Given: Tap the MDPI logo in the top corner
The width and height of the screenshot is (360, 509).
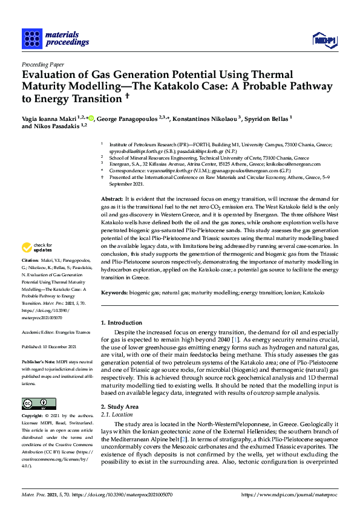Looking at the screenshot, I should pyautogui.click(x=324, y=40).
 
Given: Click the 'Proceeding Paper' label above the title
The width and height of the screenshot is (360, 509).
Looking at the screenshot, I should pyautogui.click(x=42, y=64).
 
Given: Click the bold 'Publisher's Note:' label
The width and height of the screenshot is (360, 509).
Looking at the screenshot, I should pyautogui.click(x=38, y=361).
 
